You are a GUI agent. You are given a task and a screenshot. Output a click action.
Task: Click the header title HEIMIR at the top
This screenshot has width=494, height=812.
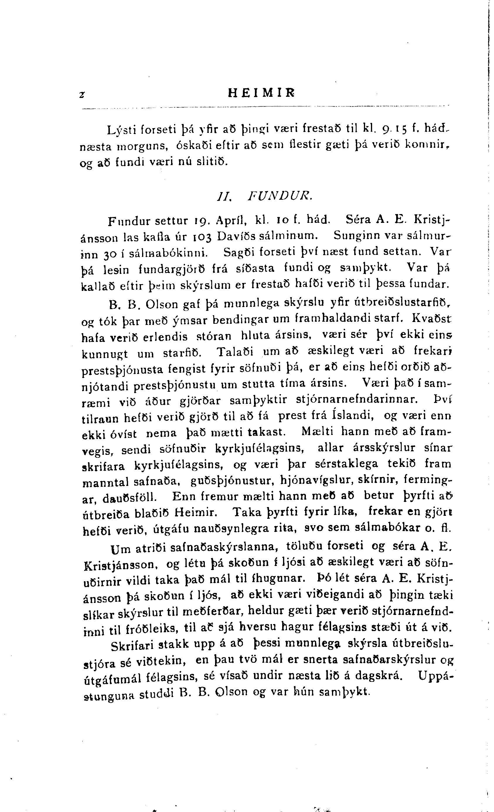pyautogui.click(x=261, y=93)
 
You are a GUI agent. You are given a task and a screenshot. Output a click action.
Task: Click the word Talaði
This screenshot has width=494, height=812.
pyautogui.click(x=235, y=352)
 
